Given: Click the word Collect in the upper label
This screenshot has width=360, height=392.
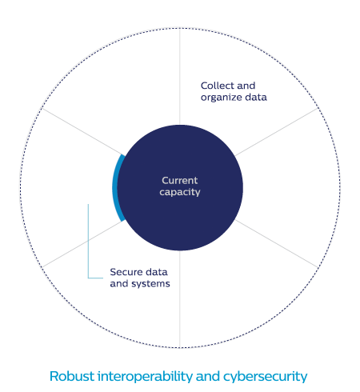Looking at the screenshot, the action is [x=218, y=86].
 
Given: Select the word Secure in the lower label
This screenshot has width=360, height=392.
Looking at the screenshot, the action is [x=126, y=272].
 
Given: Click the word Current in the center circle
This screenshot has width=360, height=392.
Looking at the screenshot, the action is [x=180, y=181].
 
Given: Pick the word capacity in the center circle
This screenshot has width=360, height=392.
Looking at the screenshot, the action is [x=180, y=192].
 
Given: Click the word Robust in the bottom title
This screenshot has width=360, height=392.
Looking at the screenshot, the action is [x=72, y=376].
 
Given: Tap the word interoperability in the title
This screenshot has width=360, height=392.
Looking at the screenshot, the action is [x=145, y=377].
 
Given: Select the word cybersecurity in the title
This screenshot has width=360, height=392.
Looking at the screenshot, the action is [x=266, y=377].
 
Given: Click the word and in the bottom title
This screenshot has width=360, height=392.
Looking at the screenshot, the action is [x=208, y=376].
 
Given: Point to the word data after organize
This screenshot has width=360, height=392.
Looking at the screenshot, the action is [x=256, y=98].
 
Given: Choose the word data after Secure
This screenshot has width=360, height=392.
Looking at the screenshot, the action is [x=157, y=272].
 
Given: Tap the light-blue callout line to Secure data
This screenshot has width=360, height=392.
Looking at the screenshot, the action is [x=88, y=246].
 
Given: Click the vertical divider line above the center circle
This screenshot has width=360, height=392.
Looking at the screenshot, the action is [x=180, y=77].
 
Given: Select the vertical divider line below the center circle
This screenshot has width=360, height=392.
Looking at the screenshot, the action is [x=180, y=299].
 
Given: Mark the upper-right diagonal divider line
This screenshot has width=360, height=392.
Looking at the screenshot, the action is [x=277, y=132].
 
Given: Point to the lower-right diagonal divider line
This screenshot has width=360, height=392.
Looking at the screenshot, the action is [x=277, y=243].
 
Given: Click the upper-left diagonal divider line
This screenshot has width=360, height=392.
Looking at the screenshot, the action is [x=82, y=131].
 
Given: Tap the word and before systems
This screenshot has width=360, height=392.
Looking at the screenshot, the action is [x=119, y=283].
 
